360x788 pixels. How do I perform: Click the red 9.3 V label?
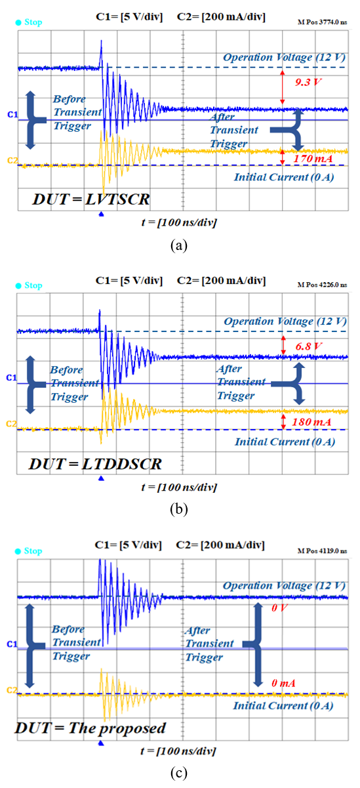[308, 82]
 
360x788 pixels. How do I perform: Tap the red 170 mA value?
[313, 159]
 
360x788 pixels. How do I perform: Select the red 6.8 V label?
[308, 346]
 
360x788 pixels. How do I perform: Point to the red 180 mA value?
[311, 422]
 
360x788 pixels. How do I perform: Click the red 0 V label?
[279, 608]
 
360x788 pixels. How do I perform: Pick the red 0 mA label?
[283, 683]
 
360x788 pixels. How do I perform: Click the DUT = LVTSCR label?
[91, 199]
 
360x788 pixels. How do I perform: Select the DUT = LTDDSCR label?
[95, 464]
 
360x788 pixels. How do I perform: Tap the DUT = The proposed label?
[90, 728]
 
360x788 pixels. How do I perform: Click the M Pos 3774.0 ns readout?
[323, 22]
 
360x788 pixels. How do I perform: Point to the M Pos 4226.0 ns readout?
[323, 285]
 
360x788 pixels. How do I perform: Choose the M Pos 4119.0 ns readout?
[323, 550]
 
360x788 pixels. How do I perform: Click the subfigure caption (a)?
[178, 245]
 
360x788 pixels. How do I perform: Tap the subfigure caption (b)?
[178, 509]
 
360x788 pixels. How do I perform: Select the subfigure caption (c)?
[178, 773]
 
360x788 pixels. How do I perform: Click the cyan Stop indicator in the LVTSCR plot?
[29, 22]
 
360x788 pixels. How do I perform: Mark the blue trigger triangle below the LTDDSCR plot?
[101, 478]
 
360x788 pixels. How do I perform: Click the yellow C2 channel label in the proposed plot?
[12, 690]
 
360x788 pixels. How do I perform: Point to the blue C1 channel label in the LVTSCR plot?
[12, 115]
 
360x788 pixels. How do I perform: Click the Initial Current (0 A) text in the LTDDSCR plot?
[285, 442]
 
